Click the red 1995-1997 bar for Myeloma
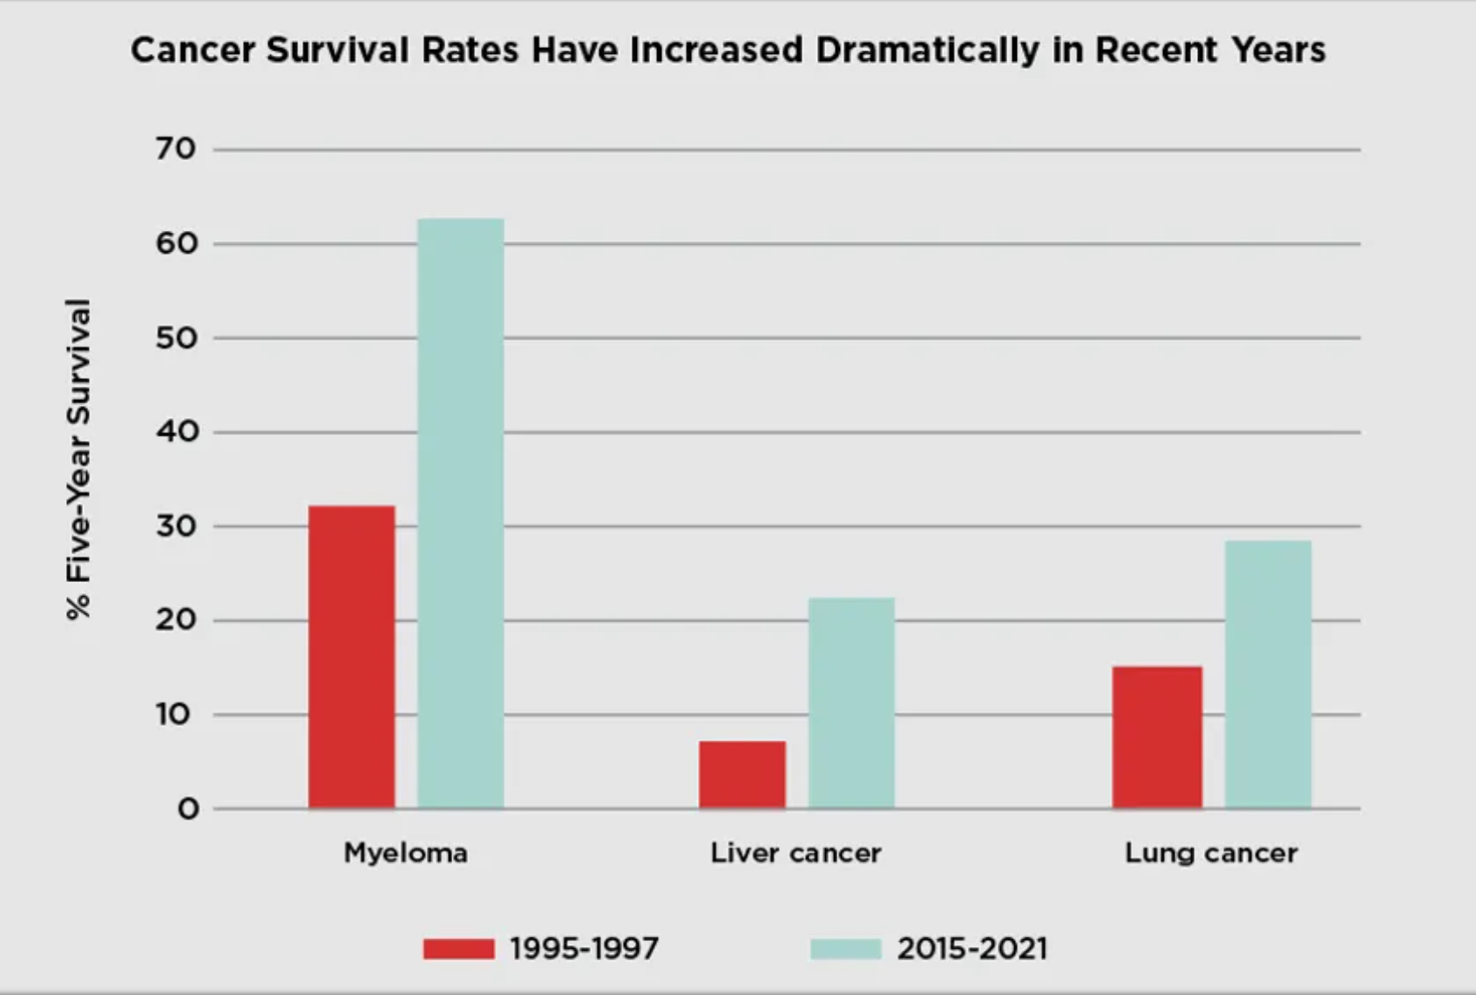pyautogui.click(x=351, y=657)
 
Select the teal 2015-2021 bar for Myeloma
pyautogui.click(x=460, y=514)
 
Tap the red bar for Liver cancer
pyautogui.click(x=741, y=775)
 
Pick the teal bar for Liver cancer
pyautogui.click(x=851, y=703)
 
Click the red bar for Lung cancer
pyautogui.click(x=1157, y=737)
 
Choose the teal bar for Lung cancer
pyautogui.click(x=1268, y=674)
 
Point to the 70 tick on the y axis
pyautogui.click(x=176, y=149)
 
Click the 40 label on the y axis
pyautogui.click(x=177, y=431)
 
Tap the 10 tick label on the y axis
pyautogui.click(x=173, y=714)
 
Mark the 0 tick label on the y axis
pyautogui.click(x=188, y=809)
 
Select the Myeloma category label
pyautogui.click(x=405, y=852)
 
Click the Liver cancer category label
pyautogui.click(x=796, y=852)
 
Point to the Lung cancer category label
pyautogui.click(x=1210, y=852)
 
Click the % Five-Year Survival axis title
pyautogui.click(x=78, y=459)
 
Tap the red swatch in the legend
pyautogui.click(x=458, y=948)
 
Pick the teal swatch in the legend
pyautogui.click(x=845, y=948)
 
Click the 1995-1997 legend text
pyautogui.click(x=584, y=948)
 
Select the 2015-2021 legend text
pyautogui.click(x=972, y=948)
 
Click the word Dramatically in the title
pyautogui.click(x=928, y=50)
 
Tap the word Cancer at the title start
pyautogui.click(x=193, y=50)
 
